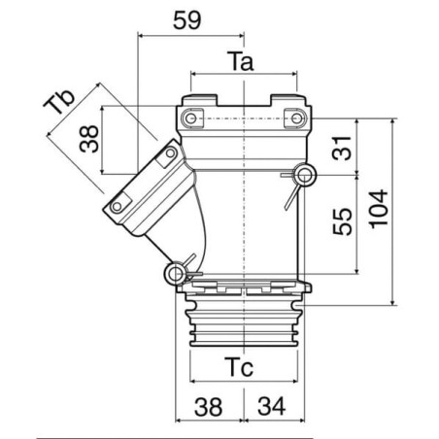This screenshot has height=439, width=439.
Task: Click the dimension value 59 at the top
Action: [x=187, y=20]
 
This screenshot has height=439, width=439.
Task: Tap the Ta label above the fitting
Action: [x=241, y=61]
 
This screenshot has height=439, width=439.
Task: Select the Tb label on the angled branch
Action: [x=59, y=102]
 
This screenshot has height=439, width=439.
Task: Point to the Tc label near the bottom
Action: [x=239, y=367]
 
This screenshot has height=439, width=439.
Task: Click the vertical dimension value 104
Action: [x=379, y=209]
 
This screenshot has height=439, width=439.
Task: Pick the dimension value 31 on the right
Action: [x=342, y=149]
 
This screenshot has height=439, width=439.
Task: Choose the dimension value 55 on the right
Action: [x=342, y=221]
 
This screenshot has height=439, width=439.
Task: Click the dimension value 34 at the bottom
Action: [x=271, y=406]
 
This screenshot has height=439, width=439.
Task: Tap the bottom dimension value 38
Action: [x=208, y=406]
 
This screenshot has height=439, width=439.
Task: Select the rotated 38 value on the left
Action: [x=89, y=139]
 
